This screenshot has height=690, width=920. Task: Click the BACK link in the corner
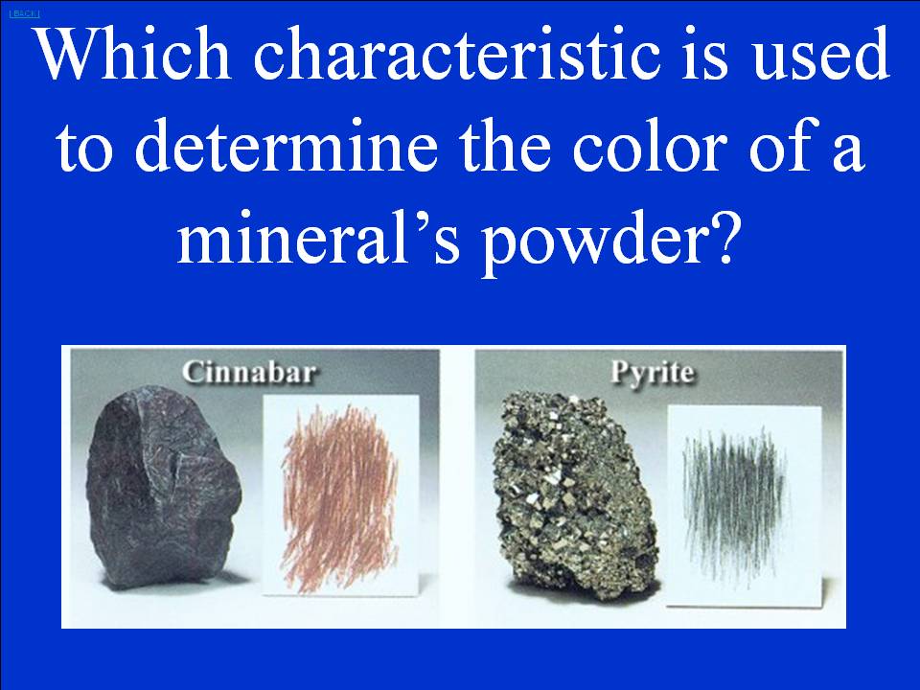click(x=24, y=13)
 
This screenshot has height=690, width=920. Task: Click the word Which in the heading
click(x=133, y=54)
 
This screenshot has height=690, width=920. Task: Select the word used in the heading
click(x=821, y=54)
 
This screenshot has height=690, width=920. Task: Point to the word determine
click(x=287, y=146)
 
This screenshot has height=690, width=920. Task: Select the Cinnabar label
click(x=249, y=372)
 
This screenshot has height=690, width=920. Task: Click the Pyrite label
click(x=652, y=373)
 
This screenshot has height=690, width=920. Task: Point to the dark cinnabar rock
click(x=163, y=487)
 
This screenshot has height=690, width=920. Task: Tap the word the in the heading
click(x=505, y=146)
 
